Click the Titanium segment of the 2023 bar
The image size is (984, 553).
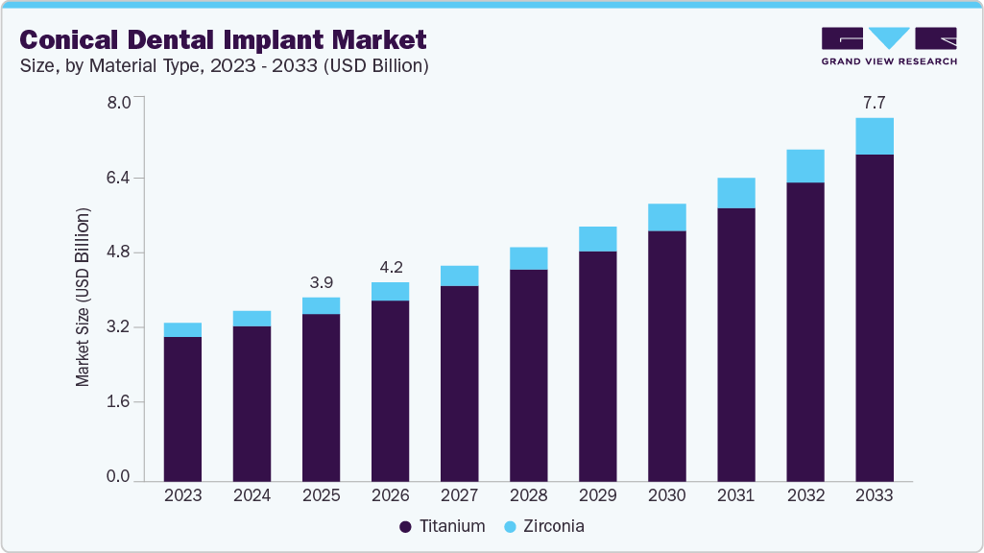pyautogui.click(x=182, y=408)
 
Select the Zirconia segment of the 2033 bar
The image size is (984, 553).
pyautogui.click(x=875, y=136)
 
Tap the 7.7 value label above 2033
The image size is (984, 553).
pyautogui.click(x=875, y=103)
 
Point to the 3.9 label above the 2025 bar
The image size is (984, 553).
pyautogui.click(x=321, y=282)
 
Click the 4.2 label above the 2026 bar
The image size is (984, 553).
pyautogui.click(x=390, y=267)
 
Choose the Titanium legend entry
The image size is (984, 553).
pyautogui.click(x=442, y=526)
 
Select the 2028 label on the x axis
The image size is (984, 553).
pyautogui.click(x=528, y=495)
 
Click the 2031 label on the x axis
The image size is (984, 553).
pyautogui.click(x=735, y=495)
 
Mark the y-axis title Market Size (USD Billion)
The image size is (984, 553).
pyautogui.click(x=84, y=298)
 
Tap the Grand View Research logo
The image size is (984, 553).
pyautogui.click(x=888, y=45)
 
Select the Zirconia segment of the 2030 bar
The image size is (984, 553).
pyautogui.click(x=667, y=218)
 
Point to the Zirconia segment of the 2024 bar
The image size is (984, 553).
pyautogui.click(x=252, y=319)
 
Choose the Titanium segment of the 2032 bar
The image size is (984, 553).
pyautogui.click(x=805, y=331)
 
